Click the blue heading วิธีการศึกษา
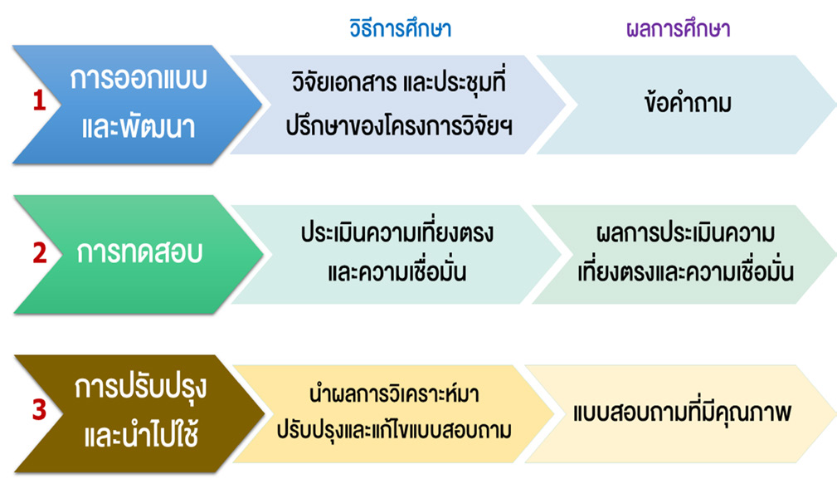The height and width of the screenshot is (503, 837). point(401,27)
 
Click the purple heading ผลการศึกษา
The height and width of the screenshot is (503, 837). point(679,27)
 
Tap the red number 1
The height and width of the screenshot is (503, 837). point(39,100)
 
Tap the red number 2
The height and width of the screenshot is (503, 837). point(40,253)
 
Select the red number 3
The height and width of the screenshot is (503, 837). point(40,409)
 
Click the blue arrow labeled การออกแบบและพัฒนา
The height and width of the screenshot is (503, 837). point(137,104)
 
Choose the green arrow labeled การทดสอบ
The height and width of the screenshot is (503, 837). point(139,254)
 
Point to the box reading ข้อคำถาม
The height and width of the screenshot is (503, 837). point(687,105)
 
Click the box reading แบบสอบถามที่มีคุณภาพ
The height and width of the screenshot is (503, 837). point(681,414)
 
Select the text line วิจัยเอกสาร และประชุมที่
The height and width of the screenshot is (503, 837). point(399,81)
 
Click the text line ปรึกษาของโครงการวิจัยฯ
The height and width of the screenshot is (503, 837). point(399,126)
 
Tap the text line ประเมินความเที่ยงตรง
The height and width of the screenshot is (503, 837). point(397,232)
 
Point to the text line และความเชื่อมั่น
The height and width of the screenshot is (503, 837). point(397,271)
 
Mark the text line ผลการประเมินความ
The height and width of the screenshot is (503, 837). point(685,232)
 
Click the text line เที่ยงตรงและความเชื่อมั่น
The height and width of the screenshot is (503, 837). point(685,271)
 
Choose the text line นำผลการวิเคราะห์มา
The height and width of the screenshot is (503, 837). point(394,393)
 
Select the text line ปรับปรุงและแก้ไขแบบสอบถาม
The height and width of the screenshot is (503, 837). point(394,430)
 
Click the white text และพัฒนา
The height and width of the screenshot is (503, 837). point(139,128)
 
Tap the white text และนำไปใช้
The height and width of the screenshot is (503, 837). point(142,434)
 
